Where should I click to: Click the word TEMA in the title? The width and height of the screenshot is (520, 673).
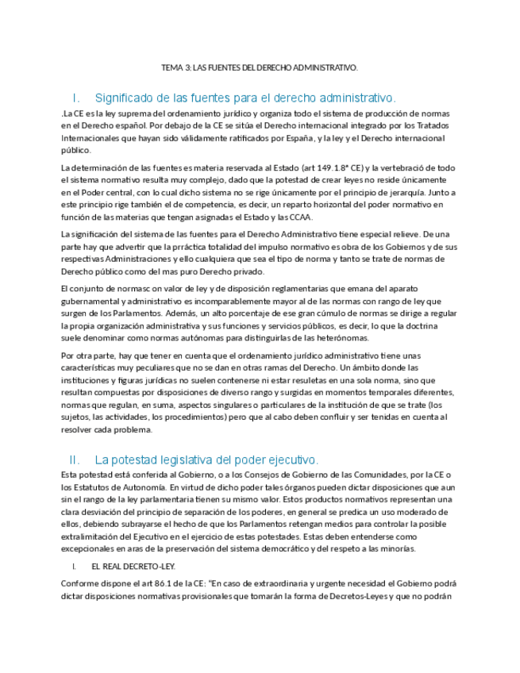tap(172, 68)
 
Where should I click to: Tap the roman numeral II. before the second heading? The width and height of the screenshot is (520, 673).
tap(75, 460)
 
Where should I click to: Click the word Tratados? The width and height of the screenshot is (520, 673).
tap(433, 125)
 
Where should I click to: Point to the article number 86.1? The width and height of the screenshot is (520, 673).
tap(166, 584)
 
